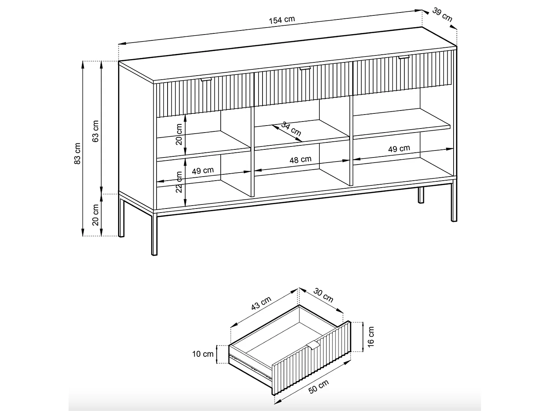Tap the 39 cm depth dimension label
(442, 15)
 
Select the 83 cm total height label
(77, 153)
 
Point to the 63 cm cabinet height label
(95, 131)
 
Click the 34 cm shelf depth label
(291, 128)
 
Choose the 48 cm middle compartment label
(300, 160)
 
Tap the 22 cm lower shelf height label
(179, 182)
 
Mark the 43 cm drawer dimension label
(261, 303)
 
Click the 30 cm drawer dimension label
(323, 295)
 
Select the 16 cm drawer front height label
(371, 337)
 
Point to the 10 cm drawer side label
(203, 354)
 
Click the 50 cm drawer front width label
(318, 387)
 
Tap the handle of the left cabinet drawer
(206, 80)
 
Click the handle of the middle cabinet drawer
(305, 68)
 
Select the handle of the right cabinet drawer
(404, 57)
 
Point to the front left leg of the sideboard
(154, 235)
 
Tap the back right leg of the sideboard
(421, 195)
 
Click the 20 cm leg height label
(95, 215)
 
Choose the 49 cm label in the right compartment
(399, 149)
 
